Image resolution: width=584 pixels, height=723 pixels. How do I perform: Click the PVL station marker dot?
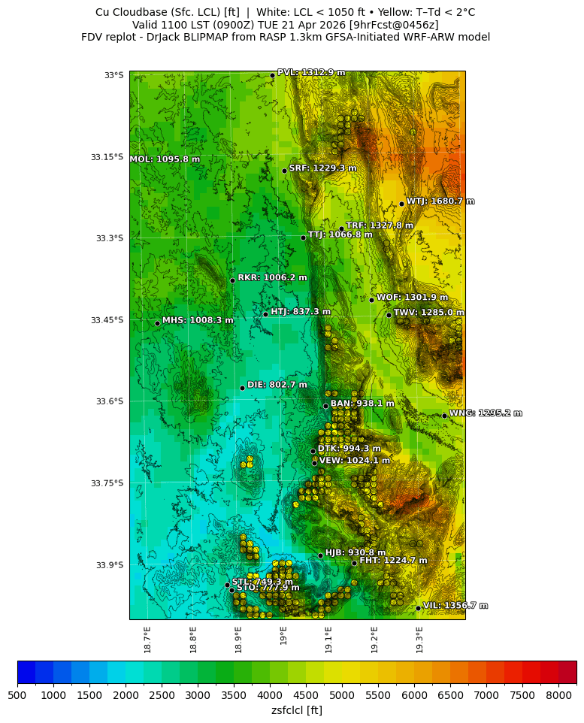pyautogui.click(x=272, y=75)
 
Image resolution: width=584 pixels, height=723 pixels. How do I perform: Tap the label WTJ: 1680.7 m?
pyautogui.click(x=440, y=201)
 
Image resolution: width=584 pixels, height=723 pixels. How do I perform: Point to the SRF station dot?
pyautogui.click(x=284, y=171)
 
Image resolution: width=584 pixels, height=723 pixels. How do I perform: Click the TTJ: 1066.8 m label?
pyautogui.click(x=340, y=234)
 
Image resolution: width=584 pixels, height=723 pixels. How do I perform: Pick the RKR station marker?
pyautogui.click(x=232, y=280)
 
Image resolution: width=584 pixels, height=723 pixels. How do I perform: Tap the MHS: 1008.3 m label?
pyautogui.click(x=198, y=320)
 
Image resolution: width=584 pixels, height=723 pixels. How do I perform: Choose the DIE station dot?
pyautogui.click(x=242, y=388)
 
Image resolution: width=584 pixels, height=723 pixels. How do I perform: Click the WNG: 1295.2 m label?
pyautogui.click(x=486, y=413)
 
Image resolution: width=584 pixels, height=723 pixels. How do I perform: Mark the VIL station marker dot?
pyautogui.click(x=418, y=608)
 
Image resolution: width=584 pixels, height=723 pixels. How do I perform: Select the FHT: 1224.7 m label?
pyautogui.click(x=393, y=561)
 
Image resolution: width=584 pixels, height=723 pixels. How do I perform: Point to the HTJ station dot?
pyautogui.click(x=265, y=314)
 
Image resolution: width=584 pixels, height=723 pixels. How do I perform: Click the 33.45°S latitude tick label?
pyautogui.click(x=107, y=320)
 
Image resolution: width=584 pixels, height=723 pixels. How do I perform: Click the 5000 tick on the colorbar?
pyautogui.click(x=342, y=695)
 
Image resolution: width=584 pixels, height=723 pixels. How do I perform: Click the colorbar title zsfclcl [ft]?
pyautogui.click(x=297, y=710)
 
